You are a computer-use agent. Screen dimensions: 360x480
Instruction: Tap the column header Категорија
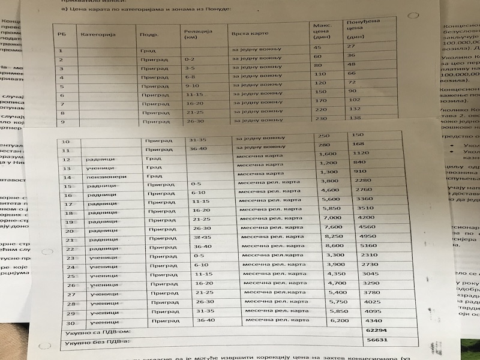pyautogui.click(x=97, y=34)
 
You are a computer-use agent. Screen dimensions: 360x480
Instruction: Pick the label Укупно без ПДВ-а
pyautogui.click(x=93, y=343)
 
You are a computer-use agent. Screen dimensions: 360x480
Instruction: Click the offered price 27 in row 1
pyautogui.click(x=351, y=46)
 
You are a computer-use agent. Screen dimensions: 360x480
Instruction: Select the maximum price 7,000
pyautogui.click(x=332, y=218)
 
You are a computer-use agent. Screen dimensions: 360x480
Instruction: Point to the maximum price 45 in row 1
pyautogui.click(x=317, y=47)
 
